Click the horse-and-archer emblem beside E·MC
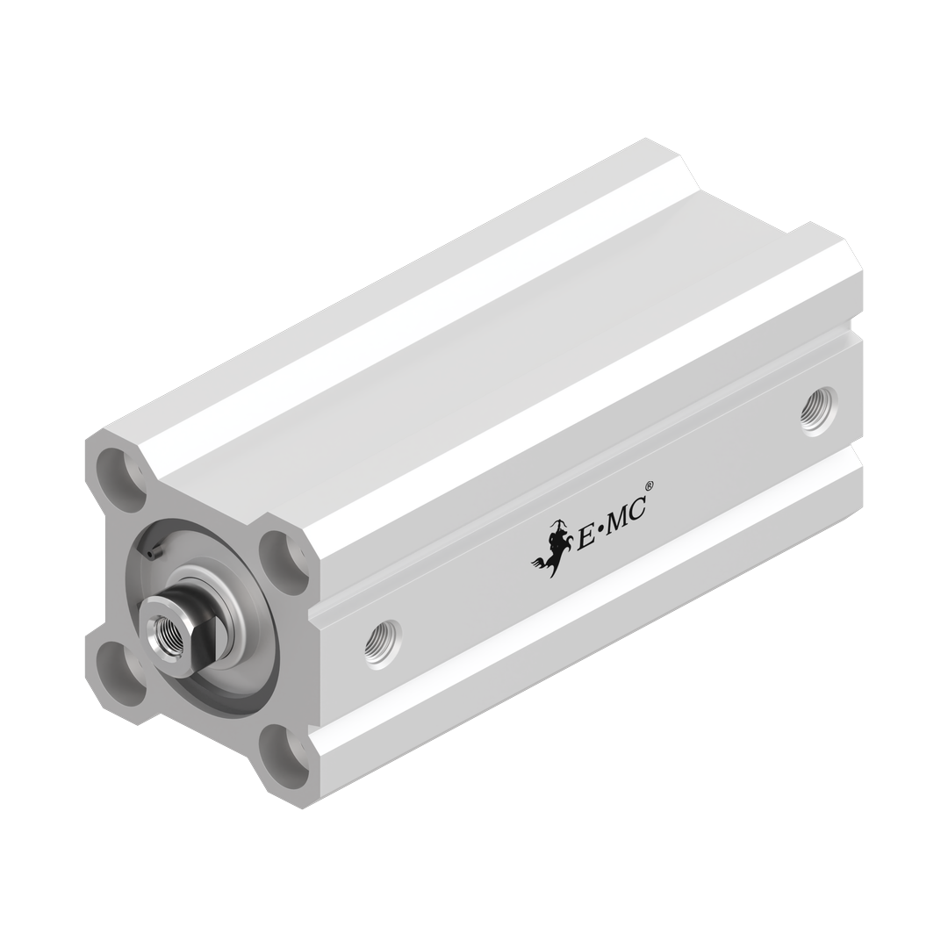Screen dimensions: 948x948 coord(550,549)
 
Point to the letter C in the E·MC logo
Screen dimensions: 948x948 coord(642,509)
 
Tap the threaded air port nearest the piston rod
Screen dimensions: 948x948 coord(382,644)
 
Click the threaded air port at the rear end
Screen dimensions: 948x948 coord(817,411)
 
